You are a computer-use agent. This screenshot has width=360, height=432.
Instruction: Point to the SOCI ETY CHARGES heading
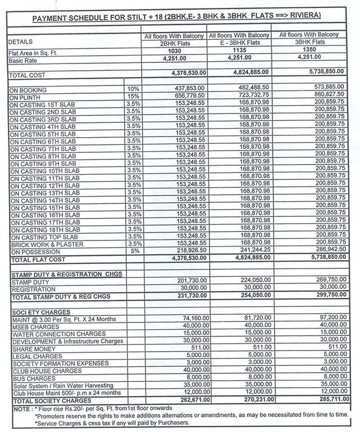click(x=41, y=312)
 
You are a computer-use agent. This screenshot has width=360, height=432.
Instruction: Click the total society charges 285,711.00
click(x=329, y=400)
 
